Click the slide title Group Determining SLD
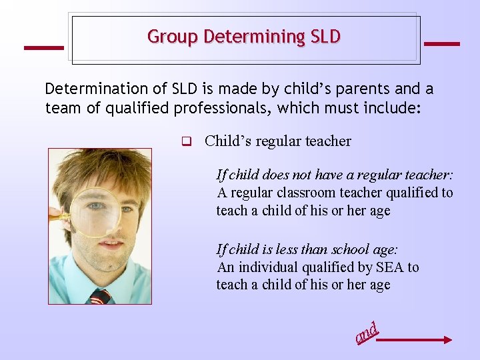pyautogui.click(x=244, y=36)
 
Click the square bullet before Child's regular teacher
pyautogui.click(x=187, y=141)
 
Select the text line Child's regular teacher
pyautogui.click(x=277, y=141)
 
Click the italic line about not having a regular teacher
pyautogui.click(x=335, y=175)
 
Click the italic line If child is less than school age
pyautogui.click(x=307, y=249)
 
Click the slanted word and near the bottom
pyautogui.click(x=367, y=333)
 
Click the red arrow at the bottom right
pyautogui.click(x=415, y=340)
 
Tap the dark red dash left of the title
pyautogui.click(x=44, y=47)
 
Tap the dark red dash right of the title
pyautogui.click(x=441, y=44)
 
